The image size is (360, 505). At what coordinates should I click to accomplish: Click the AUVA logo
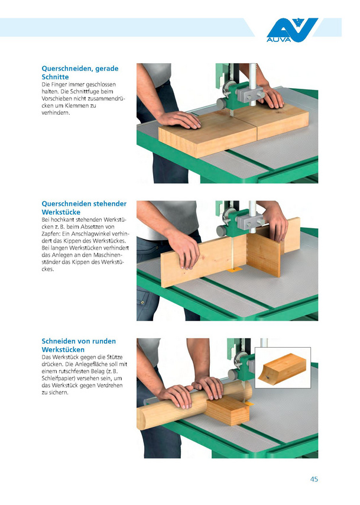click(x=292, y=30)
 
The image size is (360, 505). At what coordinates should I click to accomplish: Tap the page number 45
click(x=314, y=479)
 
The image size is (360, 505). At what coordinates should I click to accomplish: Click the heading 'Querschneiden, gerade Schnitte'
click(x=80, y=73)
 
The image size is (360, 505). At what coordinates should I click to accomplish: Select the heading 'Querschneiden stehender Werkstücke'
click(x=84, y=208)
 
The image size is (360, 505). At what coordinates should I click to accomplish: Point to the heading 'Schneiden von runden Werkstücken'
click(x=79, y=345)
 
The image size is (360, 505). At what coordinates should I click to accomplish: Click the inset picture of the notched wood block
click(x=283, y=367)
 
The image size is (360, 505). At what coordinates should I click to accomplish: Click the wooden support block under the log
click(x=228, y=410)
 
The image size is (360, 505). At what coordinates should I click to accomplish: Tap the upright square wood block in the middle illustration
click(x=264, y=254)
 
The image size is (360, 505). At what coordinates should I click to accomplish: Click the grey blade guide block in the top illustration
click(x=250, y=95)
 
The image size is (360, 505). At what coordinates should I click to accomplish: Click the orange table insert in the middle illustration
click(x=235, y=270)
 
